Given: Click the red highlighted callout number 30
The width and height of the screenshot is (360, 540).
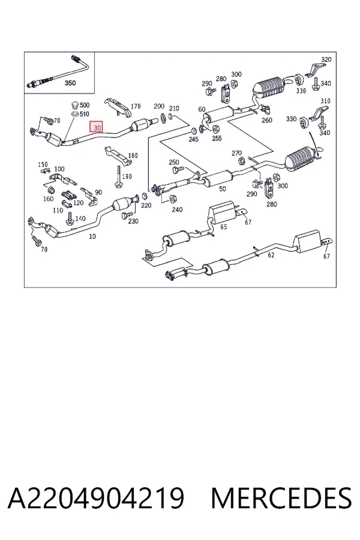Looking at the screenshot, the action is point(96,127).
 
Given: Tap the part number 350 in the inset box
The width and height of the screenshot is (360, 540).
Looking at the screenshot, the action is point(70,83).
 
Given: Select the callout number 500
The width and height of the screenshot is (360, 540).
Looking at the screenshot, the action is point(85,106).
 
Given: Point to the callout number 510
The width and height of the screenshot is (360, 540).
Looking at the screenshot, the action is point(85,114).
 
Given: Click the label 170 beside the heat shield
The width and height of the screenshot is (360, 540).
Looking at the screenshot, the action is point(136,106).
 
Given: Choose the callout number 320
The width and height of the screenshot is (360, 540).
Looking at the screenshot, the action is point(326,59).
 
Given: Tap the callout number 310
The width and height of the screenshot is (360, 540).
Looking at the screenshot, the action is point(325,101).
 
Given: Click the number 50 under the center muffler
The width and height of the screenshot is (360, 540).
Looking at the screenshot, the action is point(223,189).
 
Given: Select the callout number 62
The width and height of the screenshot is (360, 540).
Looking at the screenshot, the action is point(271,255).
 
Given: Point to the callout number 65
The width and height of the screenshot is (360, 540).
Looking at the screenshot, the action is point(224,227).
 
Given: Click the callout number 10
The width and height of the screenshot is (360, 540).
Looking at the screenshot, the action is point(92,236).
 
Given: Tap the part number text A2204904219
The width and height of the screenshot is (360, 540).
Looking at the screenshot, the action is point(96,498).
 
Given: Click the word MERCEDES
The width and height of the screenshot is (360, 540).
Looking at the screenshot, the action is point(281,498).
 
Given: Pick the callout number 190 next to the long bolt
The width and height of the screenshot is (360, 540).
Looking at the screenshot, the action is point(127,176).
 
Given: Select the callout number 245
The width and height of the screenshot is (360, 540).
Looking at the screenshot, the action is point(193,139).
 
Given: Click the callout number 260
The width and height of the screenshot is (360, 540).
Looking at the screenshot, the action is point(266,120).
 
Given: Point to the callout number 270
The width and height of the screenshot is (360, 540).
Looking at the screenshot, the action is point(236,153).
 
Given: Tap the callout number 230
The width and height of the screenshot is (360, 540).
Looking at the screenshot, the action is point(133,221).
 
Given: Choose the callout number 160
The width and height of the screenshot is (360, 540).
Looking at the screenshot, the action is point(48,199).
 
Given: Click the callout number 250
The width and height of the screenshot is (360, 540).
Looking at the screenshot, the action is point(173,162).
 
